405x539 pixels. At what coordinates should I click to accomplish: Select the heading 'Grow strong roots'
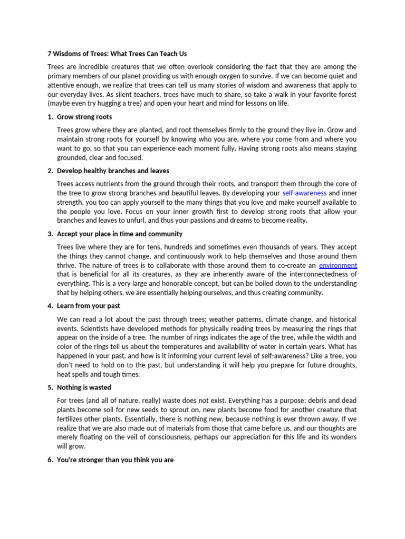[84, 117]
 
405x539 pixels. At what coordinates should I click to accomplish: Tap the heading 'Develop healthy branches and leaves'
[113, 171]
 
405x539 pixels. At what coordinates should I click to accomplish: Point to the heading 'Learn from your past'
[89, 306]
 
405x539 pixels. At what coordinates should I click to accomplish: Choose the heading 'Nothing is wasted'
[84, 387]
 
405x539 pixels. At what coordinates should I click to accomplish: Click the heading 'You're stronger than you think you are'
[115, 460]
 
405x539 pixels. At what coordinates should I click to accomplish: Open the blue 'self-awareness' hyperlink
[304, 193]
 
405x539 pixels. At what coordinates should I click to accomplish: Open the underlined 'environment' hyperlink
[338, 265]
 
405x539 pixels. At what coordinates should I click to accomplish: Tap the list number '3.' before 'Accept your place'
[50, 234]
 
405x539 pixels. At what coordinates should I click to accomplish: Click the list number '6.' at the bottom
[50, 460]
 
